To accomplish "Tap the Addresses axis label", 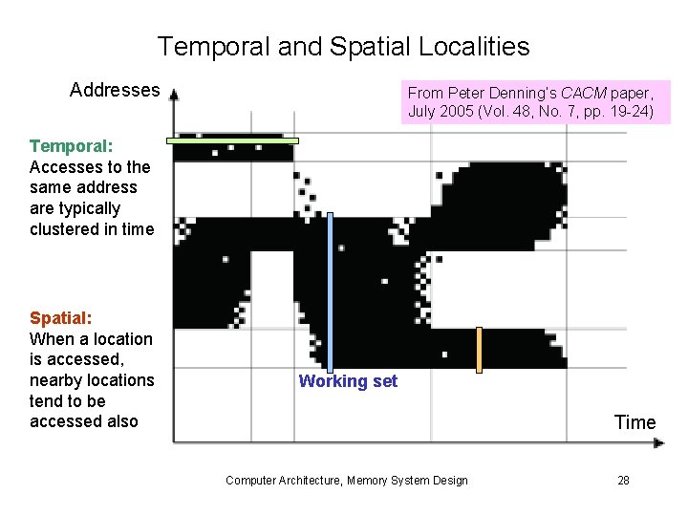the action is (x=115, y=90).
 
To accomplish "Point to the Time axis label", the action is (x=634, y=422).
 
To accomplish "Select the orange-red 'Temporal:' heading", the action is (x=71, y=146).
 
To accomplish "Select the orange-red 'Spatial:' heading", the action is (x=60, y=318).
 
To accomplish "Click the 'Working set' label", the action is (x=348, y=381).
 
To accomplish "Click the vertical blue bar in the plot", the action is (x=330, y=291).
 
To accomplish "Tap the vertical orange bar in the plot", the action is (x=480, y=349).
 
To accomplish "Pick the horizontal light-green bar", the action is (x=232, y=140).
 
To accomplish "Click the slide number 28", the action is (x=623, y=480).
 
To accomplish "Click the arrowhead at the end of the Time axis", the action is (x=658, y=442).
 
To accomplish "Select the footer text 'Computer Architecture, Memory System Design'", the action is (x=346, y=480).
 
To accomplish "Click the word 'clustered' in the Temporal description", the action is (x=63, y=229).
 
